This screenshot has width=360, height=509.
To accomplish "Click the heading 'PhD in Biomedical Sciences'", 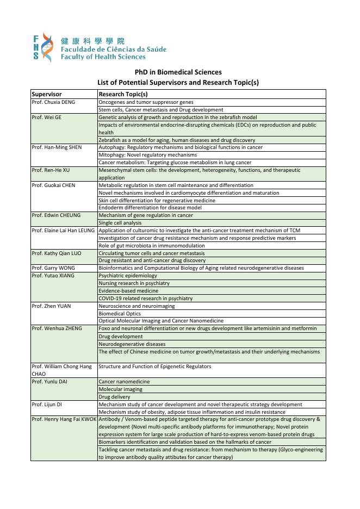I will point(178,72).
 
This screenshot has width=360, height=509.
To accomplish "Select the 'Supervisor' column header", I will point(47,94).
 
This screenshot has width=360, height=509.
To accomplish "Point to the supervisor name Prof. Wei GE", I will point(47,117).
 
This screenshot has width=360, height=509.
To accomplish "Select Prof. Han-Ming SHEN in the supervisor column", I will point(57,147).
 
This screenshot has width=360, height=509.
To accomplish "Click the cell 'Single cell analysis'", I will point(120,223).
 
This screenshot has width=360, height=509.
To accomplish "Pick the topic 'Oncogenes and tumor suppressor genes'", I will point(146,102).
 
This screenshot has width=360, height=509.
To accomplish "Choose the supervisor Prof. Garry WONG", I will point(53,268).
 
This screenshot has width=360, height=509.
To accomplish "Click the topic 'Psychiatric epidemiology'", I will point(128,276).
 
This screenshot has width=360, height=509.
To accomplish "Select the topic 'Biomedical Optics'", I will point(120,314).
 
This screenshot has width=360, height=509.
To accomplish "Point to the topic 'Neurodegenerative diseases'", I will point(132,344).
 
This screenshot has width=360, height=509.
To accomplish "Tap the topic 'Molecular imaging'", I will point(120,389).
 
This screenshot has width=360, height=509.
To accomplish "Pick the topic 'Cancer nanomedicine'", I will point(124,382).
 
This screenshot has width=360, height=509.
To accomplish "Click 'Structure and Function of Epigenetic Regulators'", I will point(154,367).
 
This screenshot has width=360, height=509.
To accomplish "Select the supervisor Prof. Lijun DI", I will point(47,405).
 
